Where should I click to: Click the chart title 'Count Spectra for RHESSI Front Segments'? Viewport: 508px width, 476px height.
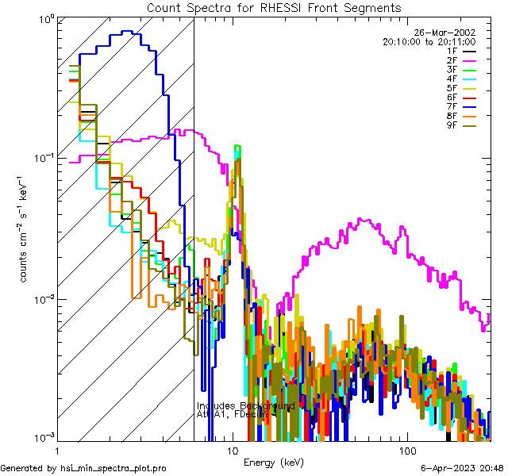[x=274, y=7]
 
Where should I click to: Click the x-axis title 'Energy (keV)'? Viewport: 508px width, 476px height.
[x=274, y=463]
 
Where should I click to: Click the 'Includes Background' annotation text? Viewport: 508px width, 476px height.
[x=245, y=406]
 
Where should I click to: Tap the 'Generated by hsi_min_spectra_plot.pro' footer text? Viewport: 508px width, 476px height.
[x=83, y=468]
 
